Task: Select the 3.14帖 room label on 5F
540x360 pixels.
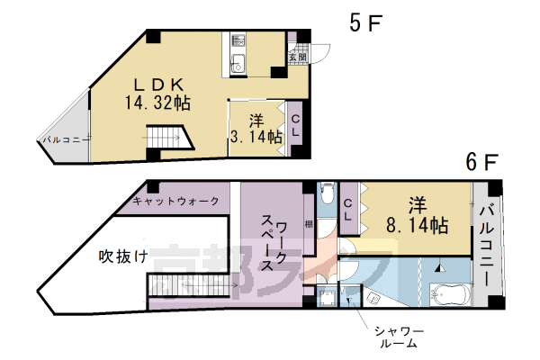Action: click(x=256, y=129)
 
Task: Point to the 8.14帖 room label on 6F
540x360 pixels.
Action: click(x=417, y=216)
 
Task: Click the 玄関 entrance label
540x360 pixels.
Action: click(x=297, y=57)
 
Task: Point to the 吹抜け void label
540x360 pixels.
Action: click(x=123, y=255)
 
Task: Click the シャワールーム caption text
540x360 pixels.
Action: click(x=399, y=337)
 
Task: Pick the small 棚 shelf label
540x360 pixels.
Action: click(x=308, y=225)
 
